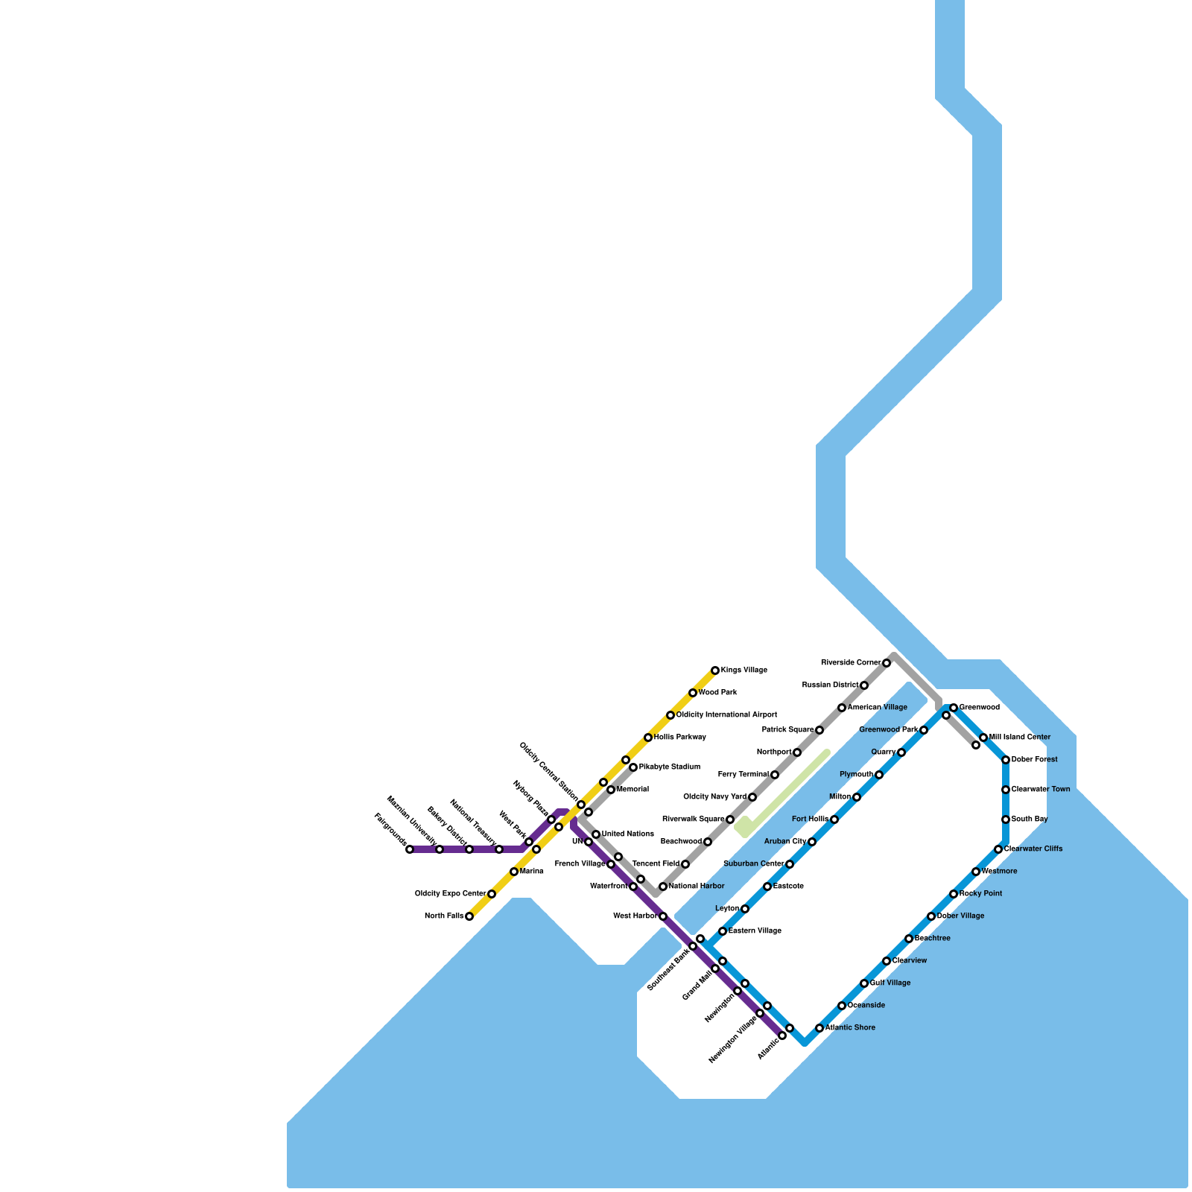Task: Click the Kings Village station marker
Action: coord(715,670)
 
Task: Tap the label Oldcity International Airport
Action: coord(726,715)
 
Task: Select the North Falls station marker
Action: coord(469,916)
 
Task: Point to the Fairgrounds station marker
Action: coord(410,849)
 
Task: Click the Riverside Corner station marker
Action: coord(887,663)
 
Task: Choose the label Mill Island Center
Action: coord(1019,738)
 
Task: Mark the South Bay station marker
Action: coord(1006,819)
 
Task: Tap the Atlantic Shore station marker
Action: coord(819,1028)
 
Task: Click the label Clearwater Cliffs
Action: coord(1033,849)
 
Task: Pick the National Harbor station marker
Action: coord(663,887)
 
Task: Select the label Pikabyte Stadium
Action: coord(669,767)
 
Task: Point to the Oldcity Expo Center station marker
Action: coord(492,894)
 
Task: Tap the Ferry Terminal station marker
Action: coord(775,775)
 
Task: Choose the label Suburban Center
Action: coord(753,864)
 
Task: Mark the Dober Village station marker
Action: coord(931,916)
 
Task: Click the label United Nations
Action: coord(627,834)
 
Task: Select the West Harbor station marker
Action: coord(663,916)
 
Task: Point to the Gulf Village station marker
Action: coord(864,983)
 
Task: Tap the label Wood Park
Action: coord(717,693)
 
